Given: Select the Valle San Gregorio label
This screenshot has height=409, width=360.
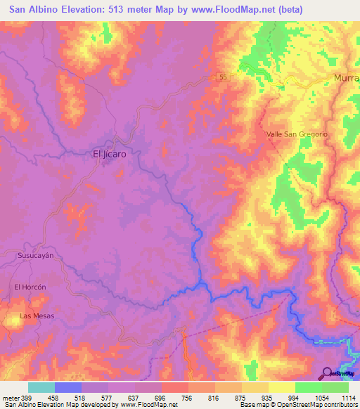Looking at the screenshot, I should tap(297, 134).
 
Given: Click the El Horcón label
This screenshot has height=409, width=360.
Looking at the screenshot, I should tap(30, 287).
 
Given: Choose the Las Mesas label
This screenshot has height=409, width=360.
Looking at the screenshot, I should tap(37, 316).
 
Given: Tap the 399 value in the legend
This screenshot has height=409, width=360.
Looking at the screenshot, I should tap(27, 397).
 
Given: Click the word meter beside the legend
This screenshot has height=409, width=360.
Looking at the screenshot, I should tap(10, 397).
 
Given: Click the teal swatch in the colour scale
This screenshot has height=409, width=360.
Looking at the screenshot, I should tap(41, 387).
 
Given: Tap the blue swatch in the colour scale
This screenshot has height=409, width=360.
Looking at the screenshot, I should tap(68, 387).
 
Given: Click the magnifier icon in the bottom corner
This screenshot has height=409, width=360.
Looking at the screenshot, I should tap(327, 373).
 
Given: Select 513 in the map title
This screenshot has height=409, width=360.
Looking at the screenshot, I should tap(124, 10).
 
